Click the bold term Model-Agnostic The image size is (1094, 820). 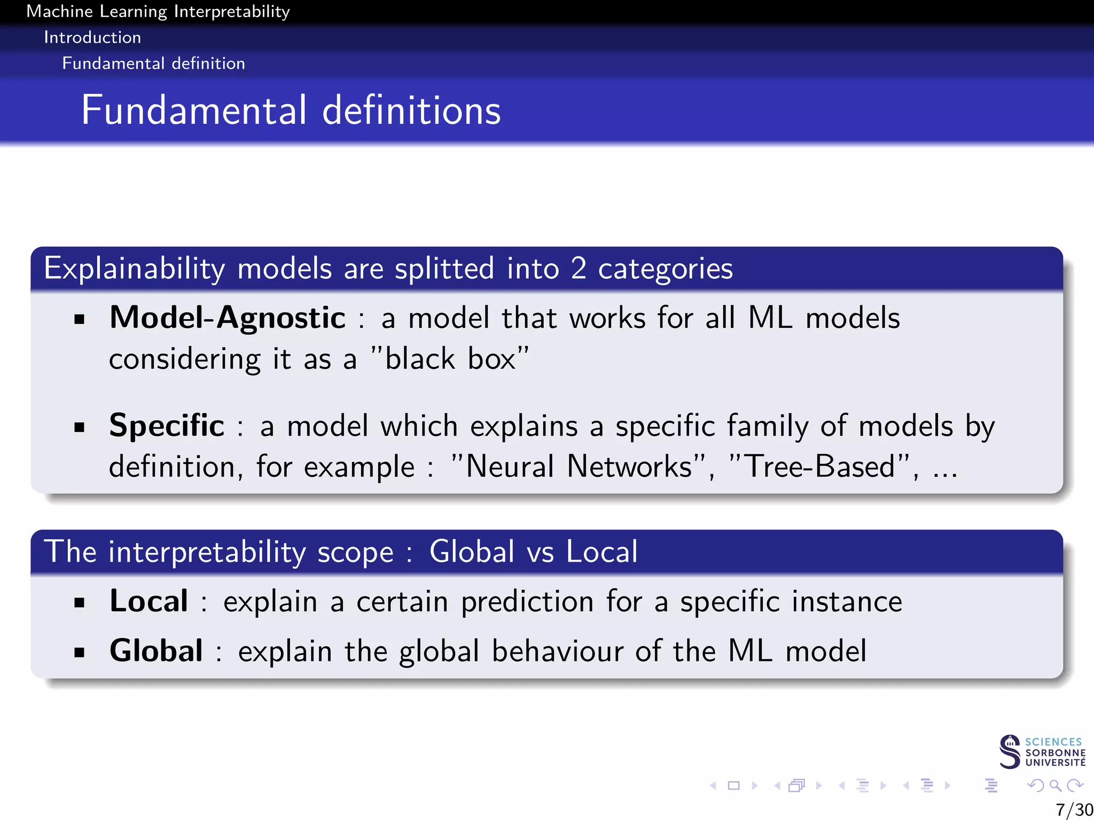coord(228,318)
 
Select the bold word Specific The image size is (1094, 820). coord(167,426)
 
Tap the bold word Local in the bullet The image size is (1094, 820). coord(149,601)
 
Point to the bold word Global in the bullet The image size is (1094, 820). coord(156,651)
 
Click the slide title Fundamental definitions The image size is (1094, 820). coord(291,111)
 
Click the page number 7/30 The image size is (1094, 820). coord(1074,809)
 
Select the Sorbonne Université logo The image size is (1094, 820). coord(1042,752)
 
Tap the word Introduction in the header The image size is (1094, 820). coord(92,37)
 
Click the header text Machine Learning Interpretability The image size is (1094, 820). coord(158,11)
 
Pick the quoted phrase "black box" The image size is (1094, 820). coord(450,359)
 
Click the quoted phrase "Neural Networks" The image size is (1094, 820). coord(579,467)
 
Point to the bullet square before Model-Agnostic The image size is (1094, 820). coord(80,320)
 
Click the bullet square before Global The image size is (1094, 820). coord(80,652)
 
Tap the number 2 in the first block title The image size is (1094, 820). coord(579,269)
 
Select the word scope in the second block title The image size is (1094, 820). coord(355,552)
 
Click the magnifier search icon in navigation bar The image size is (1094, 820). coord(1055,785)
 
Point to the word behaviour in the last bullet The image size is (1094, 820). coord(558,651)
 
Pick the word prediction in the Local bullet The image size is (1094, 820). coord(527,602)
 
